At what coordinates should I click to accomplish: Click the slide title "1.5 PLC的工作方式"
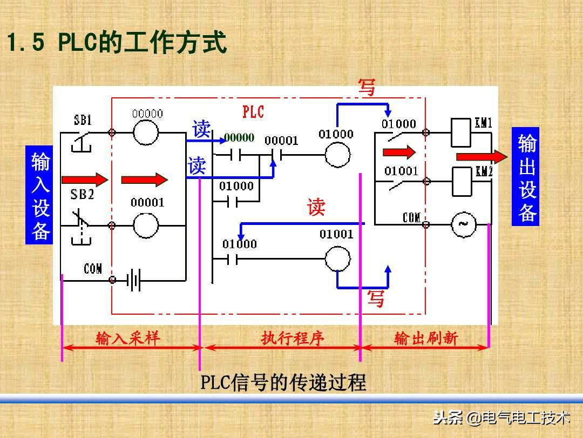click(116, 44)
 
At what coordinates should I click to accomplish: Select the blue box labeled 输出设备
click(526, 177)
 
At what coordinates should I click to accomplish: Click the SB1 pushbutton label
click(83, 121)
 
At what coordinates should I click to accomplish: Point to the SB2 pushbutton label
click(82, 194)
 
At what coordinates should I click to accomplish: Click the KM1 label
click(483, 123)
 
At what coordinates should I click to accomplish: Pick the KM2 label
click(484, 172)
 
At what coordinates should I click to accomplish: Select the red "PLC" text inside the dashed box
click(253, 112)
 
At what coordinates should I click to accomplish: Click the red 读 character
click(316, 207)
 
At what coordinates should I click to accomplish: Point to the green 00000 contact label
click(239, 138)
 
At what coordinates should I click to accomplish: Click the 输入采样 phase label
click(128, 339)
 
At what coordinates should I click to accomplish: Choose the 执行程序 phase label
click(293, 339)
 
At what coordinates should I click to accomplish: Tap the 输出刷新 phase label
click(426, 339)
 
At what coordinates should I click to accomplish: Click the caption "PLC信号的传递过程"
click(283, 382)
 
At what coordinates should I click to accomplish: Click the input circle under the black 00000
click(146, 131)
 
